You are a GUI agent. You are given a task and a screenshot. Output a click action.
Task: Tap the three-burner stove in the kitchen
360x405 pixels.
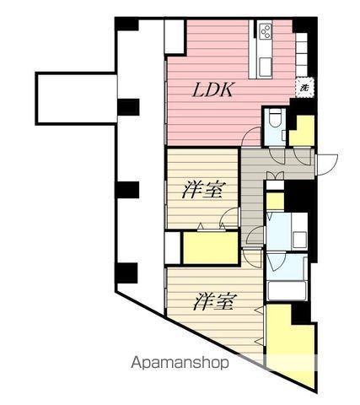pos(264,33)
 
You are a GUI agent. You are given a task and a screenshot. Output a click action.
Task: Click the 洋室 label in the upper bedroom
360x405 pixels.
pos(202,191)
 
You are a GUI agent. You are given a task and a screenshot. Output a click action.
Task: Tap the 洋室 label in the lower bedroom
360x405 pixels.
pos(215,300)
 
